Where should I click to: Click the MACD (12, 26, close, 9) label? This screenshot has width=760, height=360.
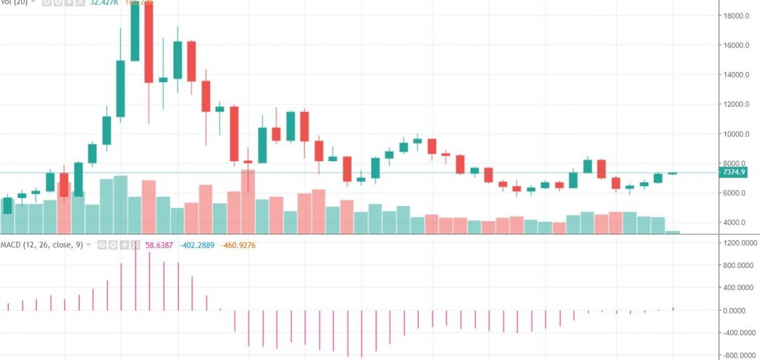[x=41, y=245]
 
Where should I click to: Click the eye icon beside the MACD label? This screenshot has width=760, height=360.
[x=102, y=245]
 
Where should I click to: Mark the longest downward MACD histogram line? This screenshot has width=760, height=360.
[x=361, y=333]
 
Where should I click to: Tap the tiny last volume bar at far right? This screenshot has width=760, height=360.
[x=673, y=232]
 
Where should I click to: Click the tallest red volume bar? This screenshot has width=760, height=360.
[x=248, y=201]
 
